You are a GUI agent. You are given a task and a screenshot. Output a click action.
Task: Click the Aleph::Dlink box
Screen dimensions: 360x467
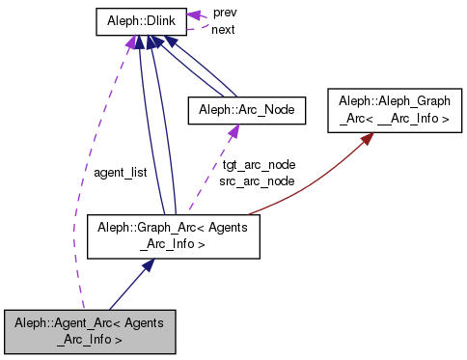pos(140,22)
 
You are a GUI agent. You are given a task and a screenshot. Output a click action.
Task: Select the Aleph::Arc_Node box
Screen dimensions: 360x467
pos(246,111)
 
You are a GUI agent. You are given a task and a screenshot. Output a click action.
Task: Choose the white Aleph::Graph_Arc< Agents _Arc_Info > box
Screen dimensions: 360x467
pos(174,237)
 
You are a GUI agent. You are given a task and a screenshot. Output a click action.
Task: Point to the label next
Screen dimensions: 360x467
pos(223,30)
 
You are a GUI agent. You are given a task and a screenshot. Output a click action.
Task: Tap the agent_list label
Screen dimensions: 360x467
pos(120,172)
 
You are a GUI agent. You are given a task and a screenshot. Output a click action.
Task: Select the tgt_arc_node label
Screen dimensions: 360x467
pos(257,164)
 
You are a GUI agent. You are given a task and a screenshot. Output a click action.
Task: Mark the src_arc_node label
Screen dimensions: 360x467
pos(257,180)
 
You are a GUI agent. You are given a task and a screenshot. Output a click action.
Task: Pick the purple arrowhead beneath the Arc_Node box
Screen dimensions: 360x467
pos(233,135)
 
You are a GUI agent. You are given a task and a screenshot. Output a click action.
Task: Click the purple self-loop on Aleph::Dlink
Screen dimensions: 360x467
pos(198,20)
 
